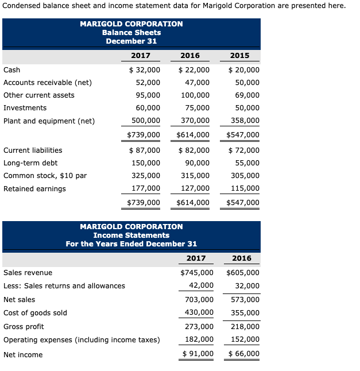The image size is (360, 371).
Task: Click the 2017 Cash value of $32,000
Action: pyautogui.click(x=144, y=70)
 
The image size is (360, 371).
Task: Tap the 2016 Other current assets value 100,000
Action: pyautogui.click(x=195, y=95)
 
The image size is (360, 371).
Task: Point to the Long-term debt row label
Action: pyautogui.click(x=30, y=163)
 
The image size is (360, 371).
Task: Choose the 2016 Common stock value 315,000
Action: pyautogui.click(x=195, y=176)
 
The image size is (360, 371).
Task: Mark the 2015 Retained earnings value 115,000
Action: pyautogui.click(x=245, y=188)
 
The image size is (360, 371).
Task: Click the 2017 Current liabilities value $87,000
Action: pyautogui.click(x=144, y=150)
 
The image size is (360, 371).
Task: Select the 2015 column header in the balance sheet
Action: pyautogui.click(x=239, y=56)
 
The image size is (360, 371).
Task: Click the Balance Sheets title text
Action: pyautogui.click(x=131, y=33)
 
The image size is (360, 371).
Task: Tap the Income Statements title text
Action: pyautogui.click(x=131, y=235)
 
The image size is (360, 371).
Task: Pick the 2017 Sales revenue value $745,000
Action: pyautogui.click(x=197, y=273)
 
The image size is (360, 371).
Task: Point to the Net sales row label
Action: pyautogui.click(x=19, y=300)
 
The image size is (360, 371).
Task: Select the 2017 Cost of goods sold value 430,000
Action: pyautogui.click(x=199, y=313)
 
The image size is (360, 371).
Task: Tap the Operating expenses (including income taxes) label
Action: pyautogui.click(x=82, y=340)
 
